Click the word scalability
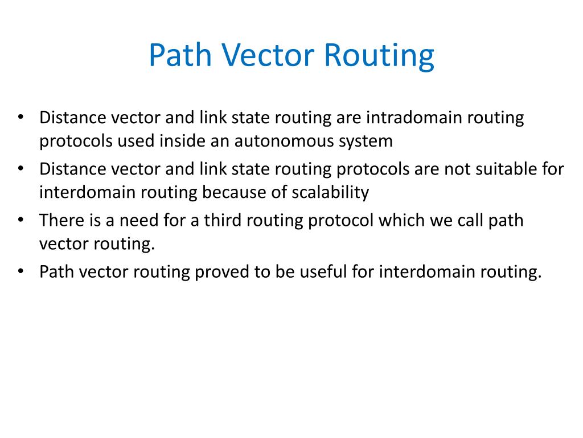(x=331, y=192)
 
